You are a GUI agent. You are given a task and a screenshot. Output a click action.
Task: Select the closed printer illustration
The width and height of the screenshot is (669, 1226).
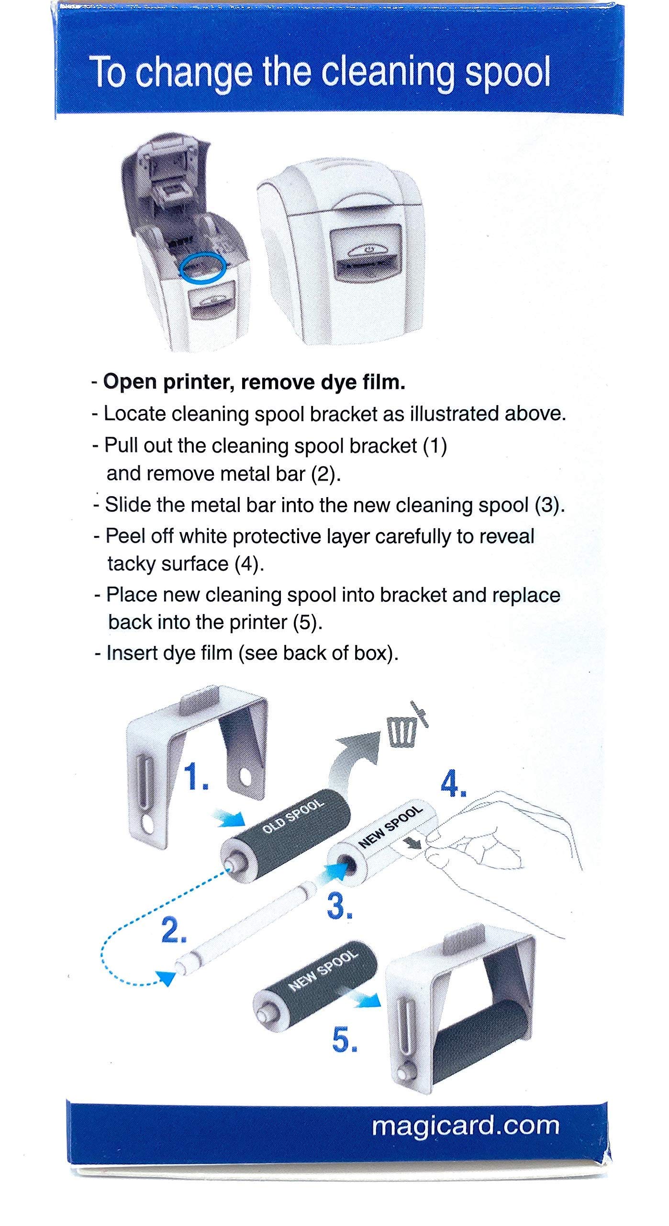pyautogui.click(x=342, y=249)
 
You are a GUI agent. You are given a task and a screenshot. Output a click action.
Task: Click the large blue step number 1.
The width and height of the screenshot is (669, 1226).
pyautogui.click(x=196, y=777)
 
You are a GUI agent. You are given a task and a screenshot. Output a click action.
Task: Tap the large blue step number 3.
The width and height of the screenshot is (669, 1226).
pyautogui.click(x=339, y=905)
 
